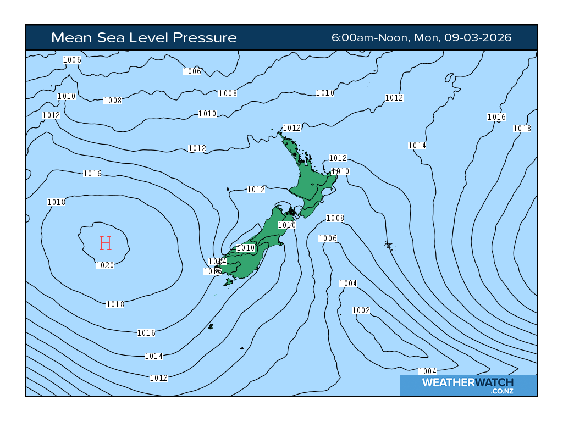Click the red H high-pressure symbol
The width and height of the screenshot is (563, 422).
click(x=106, y=243)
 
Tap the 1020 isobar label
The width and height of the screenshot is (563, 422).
click(x=104, y=265)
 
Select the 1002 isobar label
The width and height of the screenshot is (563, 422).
click(x=361, y=310)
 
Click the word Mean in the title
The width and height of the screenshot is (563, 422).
click(x=69, y=37)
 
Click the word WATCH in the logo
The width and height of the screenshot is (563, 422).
click(x=493, y=382)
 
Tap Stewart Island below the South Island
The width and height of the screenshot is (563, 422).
click(x=228, y=282)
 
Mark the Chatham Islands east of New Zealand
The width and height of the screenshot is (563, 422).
click(x=390, y=246)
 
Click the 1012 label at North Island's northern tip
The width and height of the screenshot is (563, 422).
click(x=291, y=128)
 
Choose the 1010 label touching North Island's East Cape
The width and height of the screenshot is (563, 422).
click(x=340, y=171)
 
